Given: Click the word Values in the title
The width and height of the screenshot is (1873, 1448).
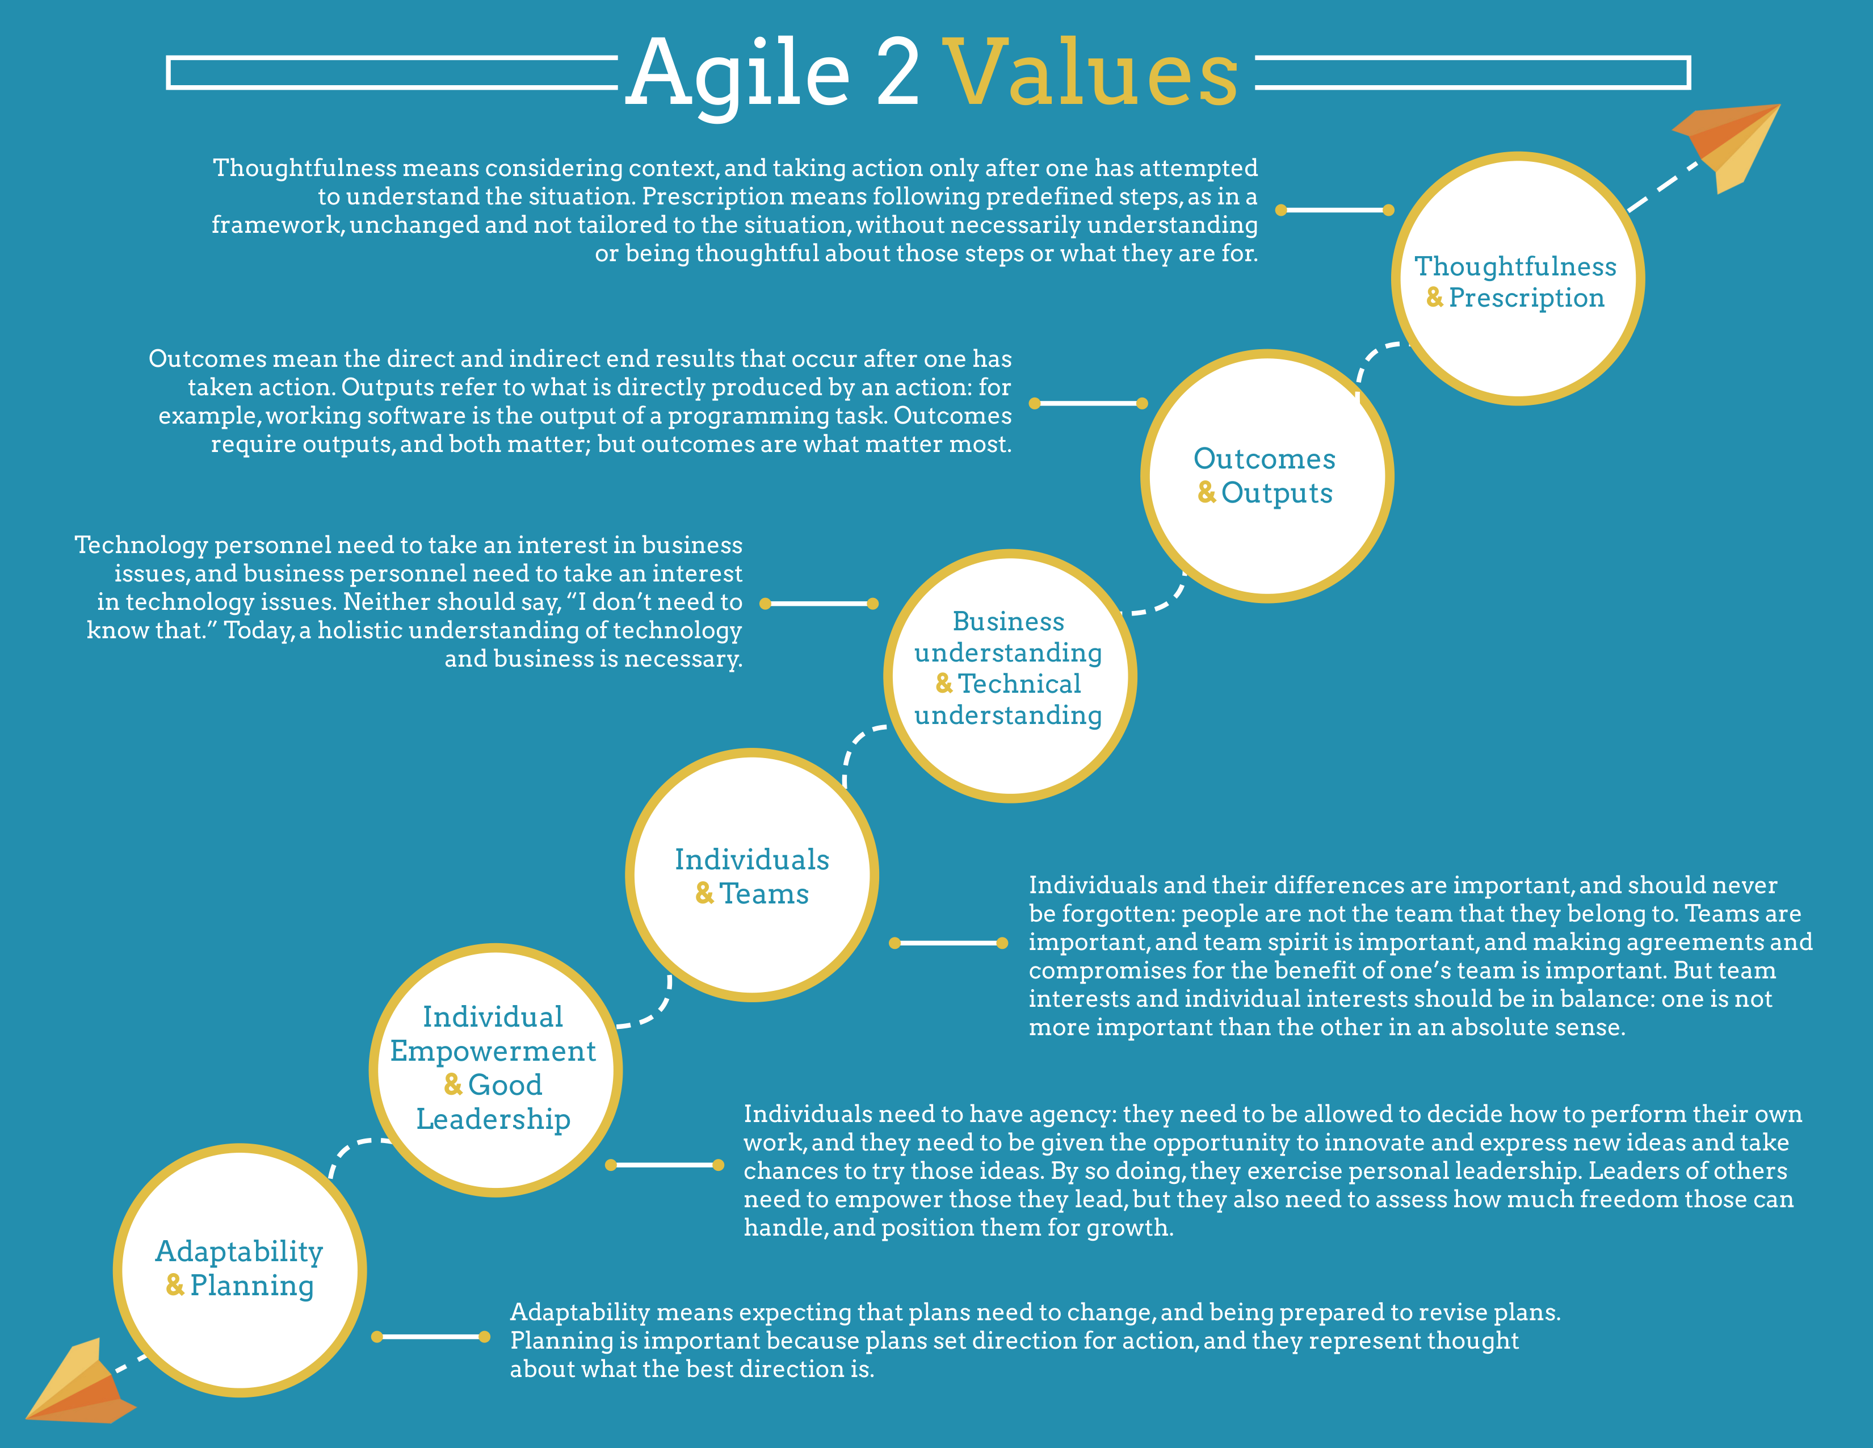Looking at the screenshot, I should tap(1091, 74).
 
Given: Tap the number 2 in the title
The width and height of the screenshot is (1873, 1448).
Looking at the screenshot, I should tap(898, 74).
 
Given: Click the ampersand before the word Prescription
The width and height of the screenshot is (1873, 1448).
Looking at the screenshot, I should tap(1434, 298).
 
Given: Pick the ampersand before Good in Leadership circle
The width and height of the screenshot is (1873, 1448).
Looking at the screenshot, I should tap(453, 1085).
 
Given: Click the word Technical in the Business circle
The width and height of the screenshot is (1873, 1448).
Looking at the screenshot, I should tap(1019, 684).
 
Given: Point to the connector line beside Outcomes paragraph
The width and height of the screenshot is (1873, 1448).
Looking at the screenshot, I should tap(1087, 403).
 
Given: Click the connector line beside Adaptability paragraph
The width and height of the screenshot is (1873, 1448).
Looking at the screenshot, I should tap(431, 1337).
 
